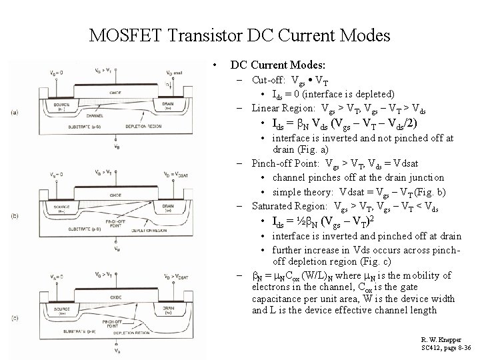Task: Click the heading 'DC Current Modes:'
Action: point(277,65)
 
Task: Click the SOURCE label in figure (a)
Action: point(63,106)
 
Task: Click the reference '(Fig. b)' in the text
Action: point(429,193)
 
